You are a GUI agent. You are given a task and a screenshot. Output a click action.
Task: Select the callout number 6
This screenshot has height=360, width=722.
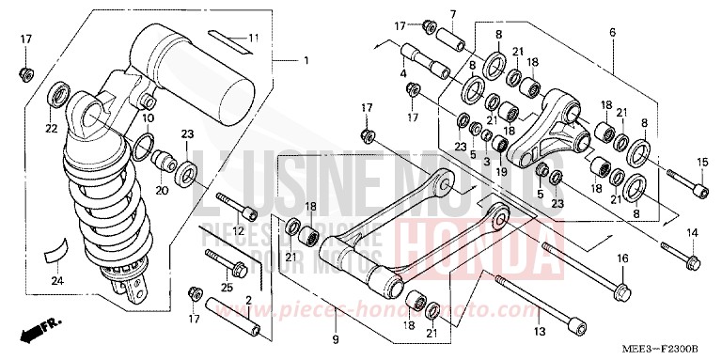[612, 32]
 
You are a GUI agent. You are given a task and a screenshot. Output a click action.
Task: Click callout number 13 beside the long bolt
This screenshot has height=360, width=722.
[540, 332]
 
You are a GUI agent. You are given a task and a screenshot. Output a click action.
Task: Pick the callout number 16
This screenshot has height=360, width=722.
[621, 258]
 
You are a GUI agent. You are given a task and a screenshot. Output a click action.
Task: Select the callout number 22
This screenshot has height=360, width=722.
[51, 128]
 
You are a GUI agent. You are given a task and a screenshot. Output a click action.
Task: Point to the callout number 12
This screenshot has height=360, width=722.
[239, 231]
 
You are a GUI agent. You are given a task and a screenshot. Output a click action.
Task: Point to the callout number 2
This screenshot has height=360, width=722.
[248, 301]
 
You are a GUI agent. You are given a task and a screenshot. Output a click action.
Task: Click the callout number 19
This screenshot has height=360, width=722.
[503, 172]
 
